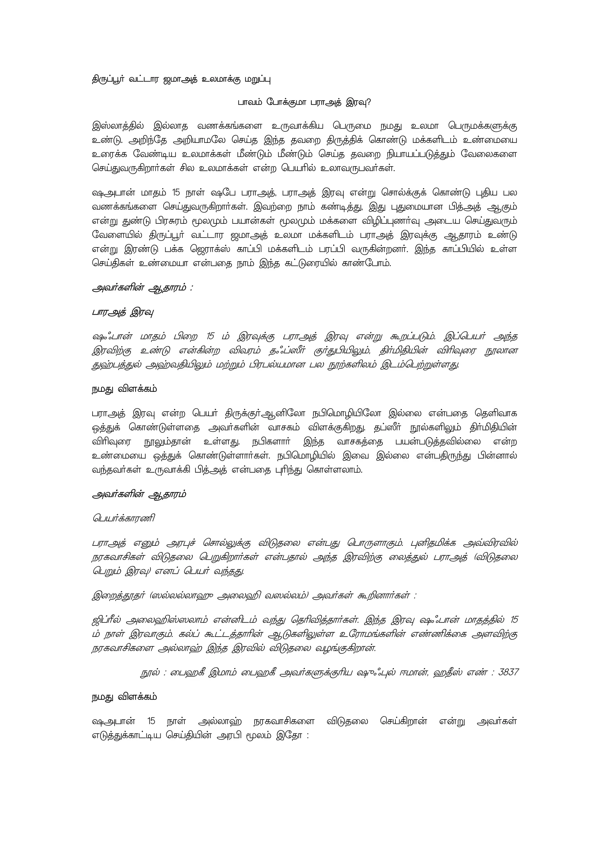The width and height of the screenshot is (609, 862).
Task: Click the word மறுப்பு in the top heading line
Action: [x=258, y=80]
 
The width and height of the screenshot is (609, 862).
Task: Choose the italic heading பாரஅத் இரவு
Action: [x=123, y=313]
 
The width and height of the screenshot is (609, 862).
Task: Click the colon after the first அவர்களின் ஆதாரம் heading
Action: [x=192, y=289]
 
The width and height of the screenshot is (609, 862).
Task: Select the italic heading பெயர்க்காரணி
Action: [x=123, y=518]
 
